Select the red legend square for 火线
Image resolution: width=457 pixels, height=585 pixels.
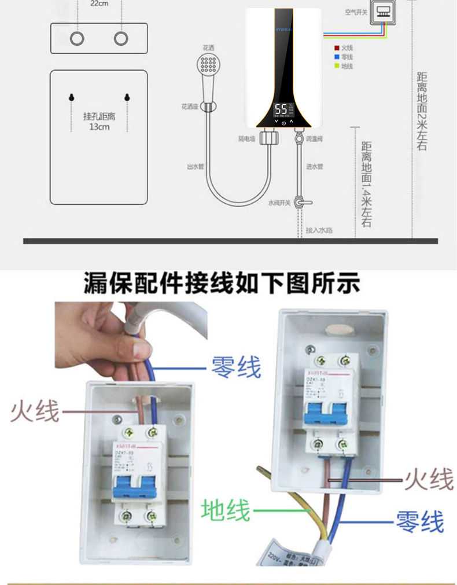[337, 48]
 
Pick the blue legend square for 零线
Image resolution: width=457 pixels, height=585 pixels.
[337, 57]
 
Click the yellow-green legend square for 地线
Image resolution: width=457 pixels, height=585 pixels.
[337, 67]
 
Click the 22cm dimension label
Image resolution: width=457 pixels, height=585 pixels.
[99, 3]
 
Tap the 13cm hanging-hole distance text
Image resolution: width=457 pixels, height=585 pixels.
[99, 122]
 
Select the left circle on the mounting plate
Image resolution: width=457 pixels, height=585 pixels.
[76, 38]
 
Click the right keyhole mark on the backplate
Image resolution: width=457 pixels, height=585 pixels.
[126, 96]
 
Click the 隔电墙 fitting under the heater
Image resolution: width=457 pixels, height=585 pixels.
[268, 138]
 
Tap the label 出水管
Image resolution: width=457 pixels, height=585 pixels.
[196, 167]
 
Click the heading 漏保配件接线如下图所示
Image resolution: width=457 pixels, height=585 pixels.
[222, 284]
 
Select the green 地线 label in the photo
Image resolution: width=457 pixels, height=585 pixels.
[226, 511]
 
